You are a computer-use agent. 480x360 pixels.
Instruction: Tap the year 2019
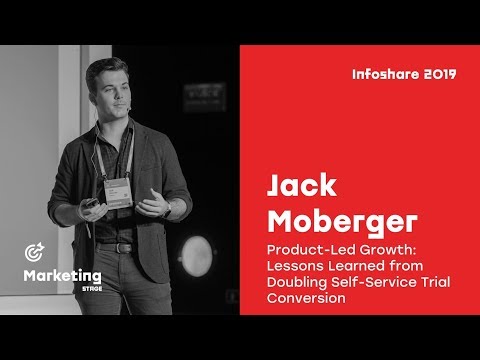point(442,74)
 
